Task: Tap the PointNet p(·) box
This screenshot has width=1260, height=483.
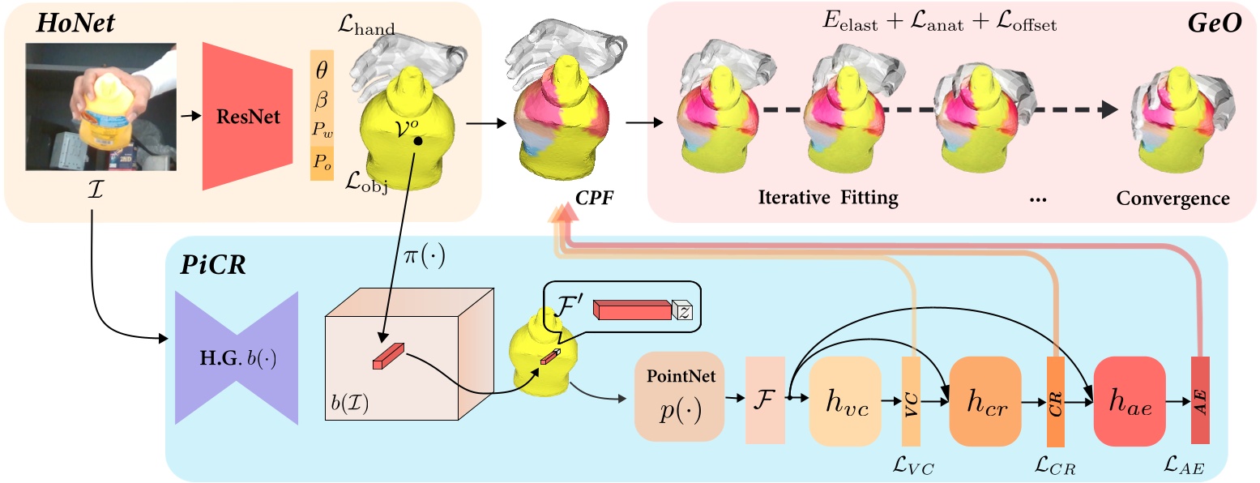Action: tap(679, 396)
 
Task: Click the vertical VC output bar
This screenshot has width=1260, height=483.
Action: tap(912, 400)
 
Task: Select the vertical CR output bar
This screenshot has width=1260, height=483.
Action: tap(1055, 400)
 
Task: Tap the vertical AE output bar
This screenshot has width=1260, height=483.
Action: tap(1200, 400)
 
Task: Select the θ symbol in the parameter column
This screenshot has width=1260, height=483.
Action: tap(322, 71)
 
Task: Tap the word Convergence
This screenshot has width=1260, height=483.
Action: tap(1172, 199)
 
